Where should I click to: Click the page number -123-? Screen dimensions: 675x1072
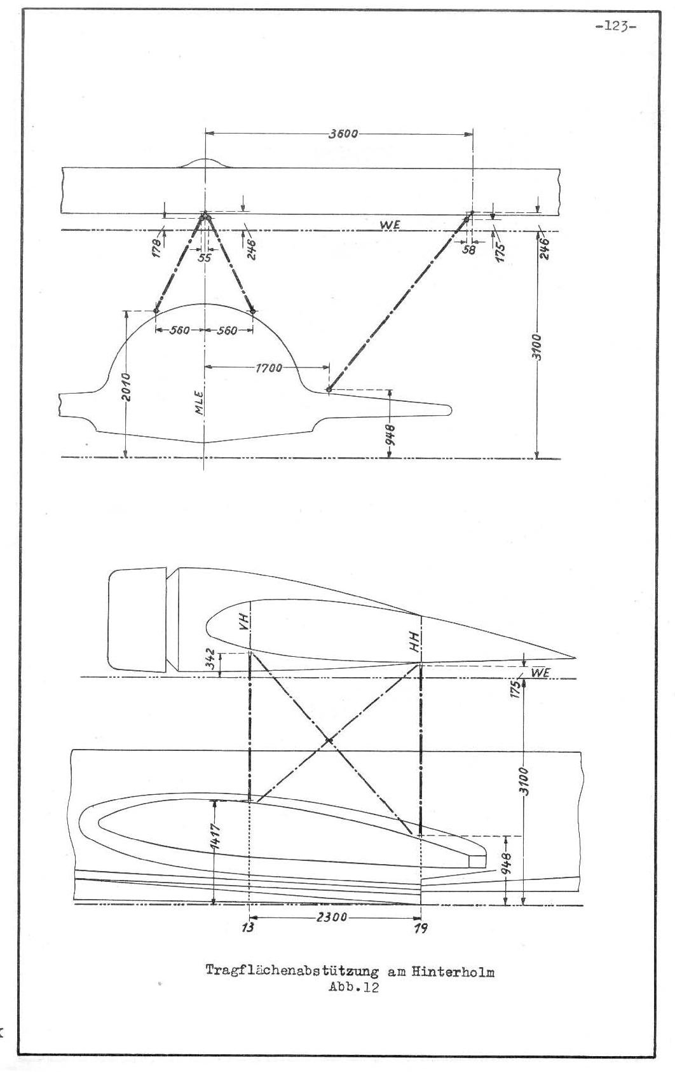(x=616, y=26)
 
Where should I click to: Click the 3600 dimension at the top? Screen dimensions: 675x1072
(x=343, y=134)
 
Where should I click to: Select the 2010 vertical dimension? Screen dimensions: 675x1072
(x=126, y=387)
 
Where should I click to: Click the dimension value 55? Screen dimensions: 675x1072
(x=205, y=258)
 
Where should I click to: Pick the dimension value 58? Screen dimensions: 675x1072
(x=469, y=249)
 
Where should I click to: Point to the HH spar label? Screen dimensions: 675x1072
(x=414, y=642)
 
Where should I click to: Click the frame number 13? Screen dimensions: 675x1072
(x=249, y=928)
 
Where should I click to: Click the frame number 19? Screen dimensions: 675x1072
(x=421, y=928)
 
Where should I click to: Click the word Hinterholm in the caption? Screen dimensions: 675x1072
(x=453, y=972)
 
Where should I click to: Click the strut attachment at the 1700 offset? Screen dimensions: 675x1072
(x=329, y=390)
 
